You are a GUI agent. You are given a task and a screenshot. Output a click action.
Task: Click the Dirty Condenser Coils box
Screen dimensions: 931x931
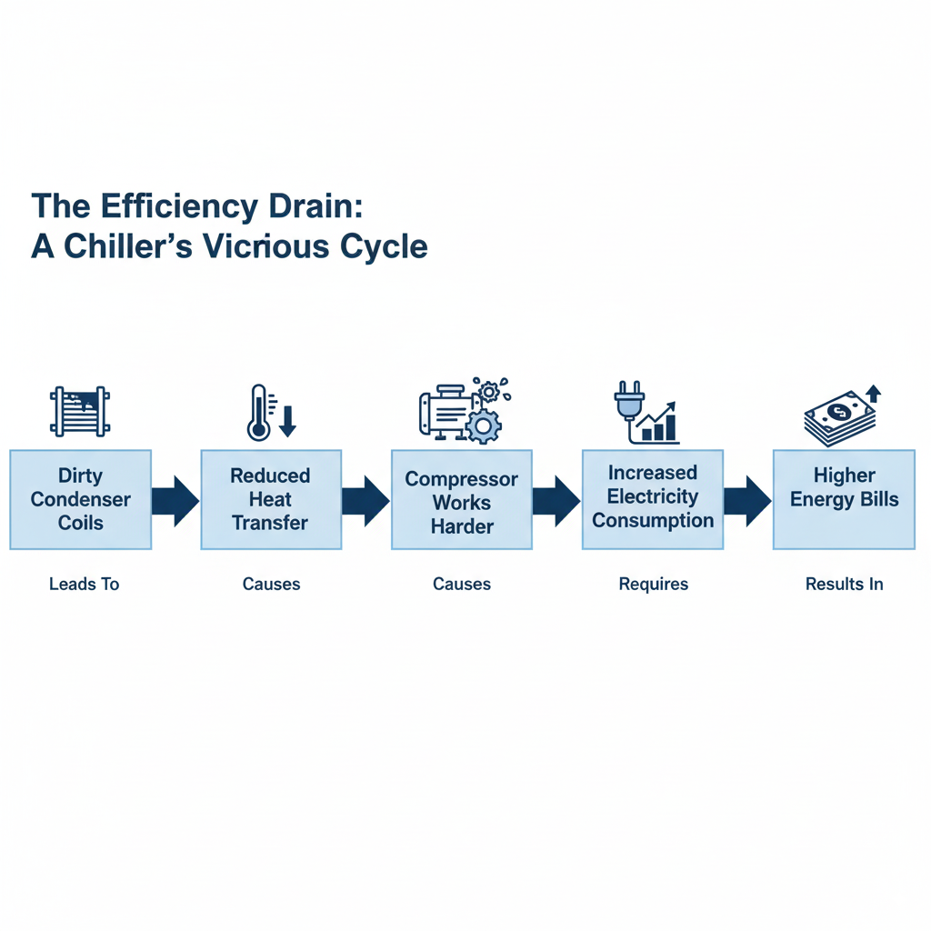coord(81,499)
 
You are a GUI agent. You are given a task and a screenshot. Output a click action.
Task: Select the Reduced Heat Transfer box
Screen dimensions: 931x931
coord(270,499)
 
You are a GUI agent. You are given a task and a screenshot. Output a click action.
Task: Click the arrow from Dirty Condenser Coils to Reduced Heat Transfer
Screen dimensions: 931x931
coord(175,500)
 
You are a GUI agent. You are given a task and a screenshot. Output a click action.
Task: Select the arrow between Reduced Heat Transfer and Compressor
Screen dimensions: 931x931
coord(365,500)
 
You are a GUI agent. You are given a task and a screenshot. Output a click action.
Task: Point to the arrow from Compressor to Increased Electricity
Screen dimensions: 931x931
coord(556,500)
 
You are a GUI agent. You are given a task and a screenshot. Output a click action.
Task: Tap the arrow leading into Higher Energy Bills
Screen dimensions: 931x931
coord(746,500)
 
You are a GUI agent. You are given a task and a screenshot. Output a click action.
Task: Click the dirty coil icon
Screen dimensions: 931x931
coord(80,412)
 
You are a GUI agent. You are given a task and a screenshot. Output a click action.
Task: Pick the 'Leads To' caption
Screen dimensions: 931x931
coord(84,584)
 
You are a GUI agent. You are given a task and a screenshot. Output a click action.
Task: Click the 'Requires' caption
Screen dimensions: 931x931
coord(653,584)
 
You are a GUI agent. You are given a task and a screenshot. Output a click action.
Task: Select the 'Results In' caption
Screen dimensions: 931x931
coord(844,584)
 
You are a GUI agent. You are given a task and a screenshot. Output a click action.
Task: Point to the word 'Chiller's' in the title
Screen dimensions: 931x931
coord(131,245)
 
